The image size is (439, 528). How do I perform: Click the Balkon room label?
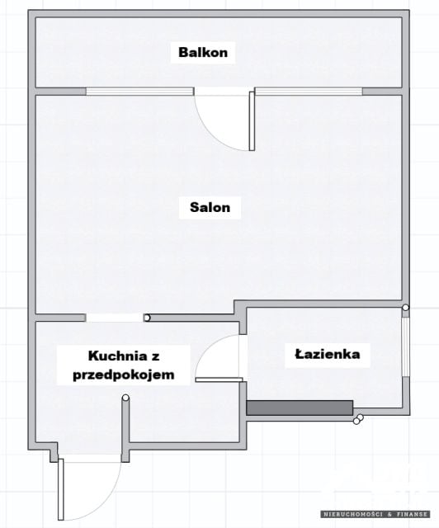pos(203,53)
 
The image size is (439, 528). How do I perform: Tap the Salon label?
pos(210,207)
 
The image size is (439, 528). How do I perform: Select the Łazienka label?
pos(328,354)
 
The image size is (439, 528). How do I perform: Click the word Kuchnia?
pos(117,356)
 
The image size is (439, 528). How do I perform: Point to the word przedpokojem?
pos(124,375)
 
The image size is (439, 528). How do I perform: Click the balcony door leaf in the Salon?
pos(252,121)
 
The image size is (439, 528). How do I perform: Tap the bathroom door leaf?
pos(219,379)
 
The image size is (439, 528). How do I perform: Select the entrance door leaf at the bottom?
pos(60,489)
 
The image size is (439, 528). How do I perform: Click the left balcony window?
pos(139,92)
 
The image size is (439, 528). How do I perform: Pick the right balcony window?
pos(309,92)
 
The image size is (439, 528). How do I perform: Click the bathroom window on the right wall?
pos(406,346)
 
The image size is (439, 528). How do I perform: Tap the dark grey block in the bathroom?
pos(300,408)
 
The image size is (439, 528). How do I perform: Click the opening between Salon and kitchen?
pos(115,318)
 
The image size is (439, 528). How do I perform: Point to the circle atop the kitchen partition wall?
pos(125,398)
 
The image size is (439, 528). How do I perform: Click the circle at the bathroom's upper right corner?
pos(406,308)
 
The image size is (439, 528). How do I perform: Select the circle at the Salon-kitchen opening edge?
pos(147,318)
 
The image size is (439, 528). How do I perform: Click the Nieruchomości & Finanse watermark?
pos(375,514)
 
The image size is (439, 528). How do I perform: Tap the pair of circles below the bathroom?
pos(358,419)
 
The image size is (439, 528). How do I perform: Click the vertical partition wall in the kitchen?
pos(125,429)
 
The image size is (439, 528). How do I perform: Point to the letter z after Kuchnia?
pos(155,356)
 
